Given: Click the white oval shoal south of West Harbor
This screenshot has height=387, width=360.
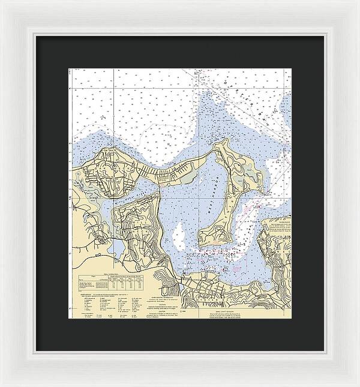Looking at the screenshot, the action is (x=179, y=231).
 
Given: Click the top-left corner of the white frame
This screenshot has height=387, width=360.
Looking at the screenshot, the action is (x=2, y=2).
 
